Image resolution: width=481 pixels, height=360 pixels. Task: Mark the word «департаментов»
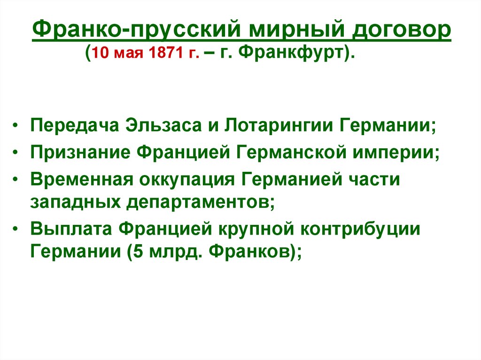click(x=196, y=202)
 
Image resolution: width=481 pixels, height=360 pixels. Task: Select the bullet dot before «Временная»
click(x=16, y=181)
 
